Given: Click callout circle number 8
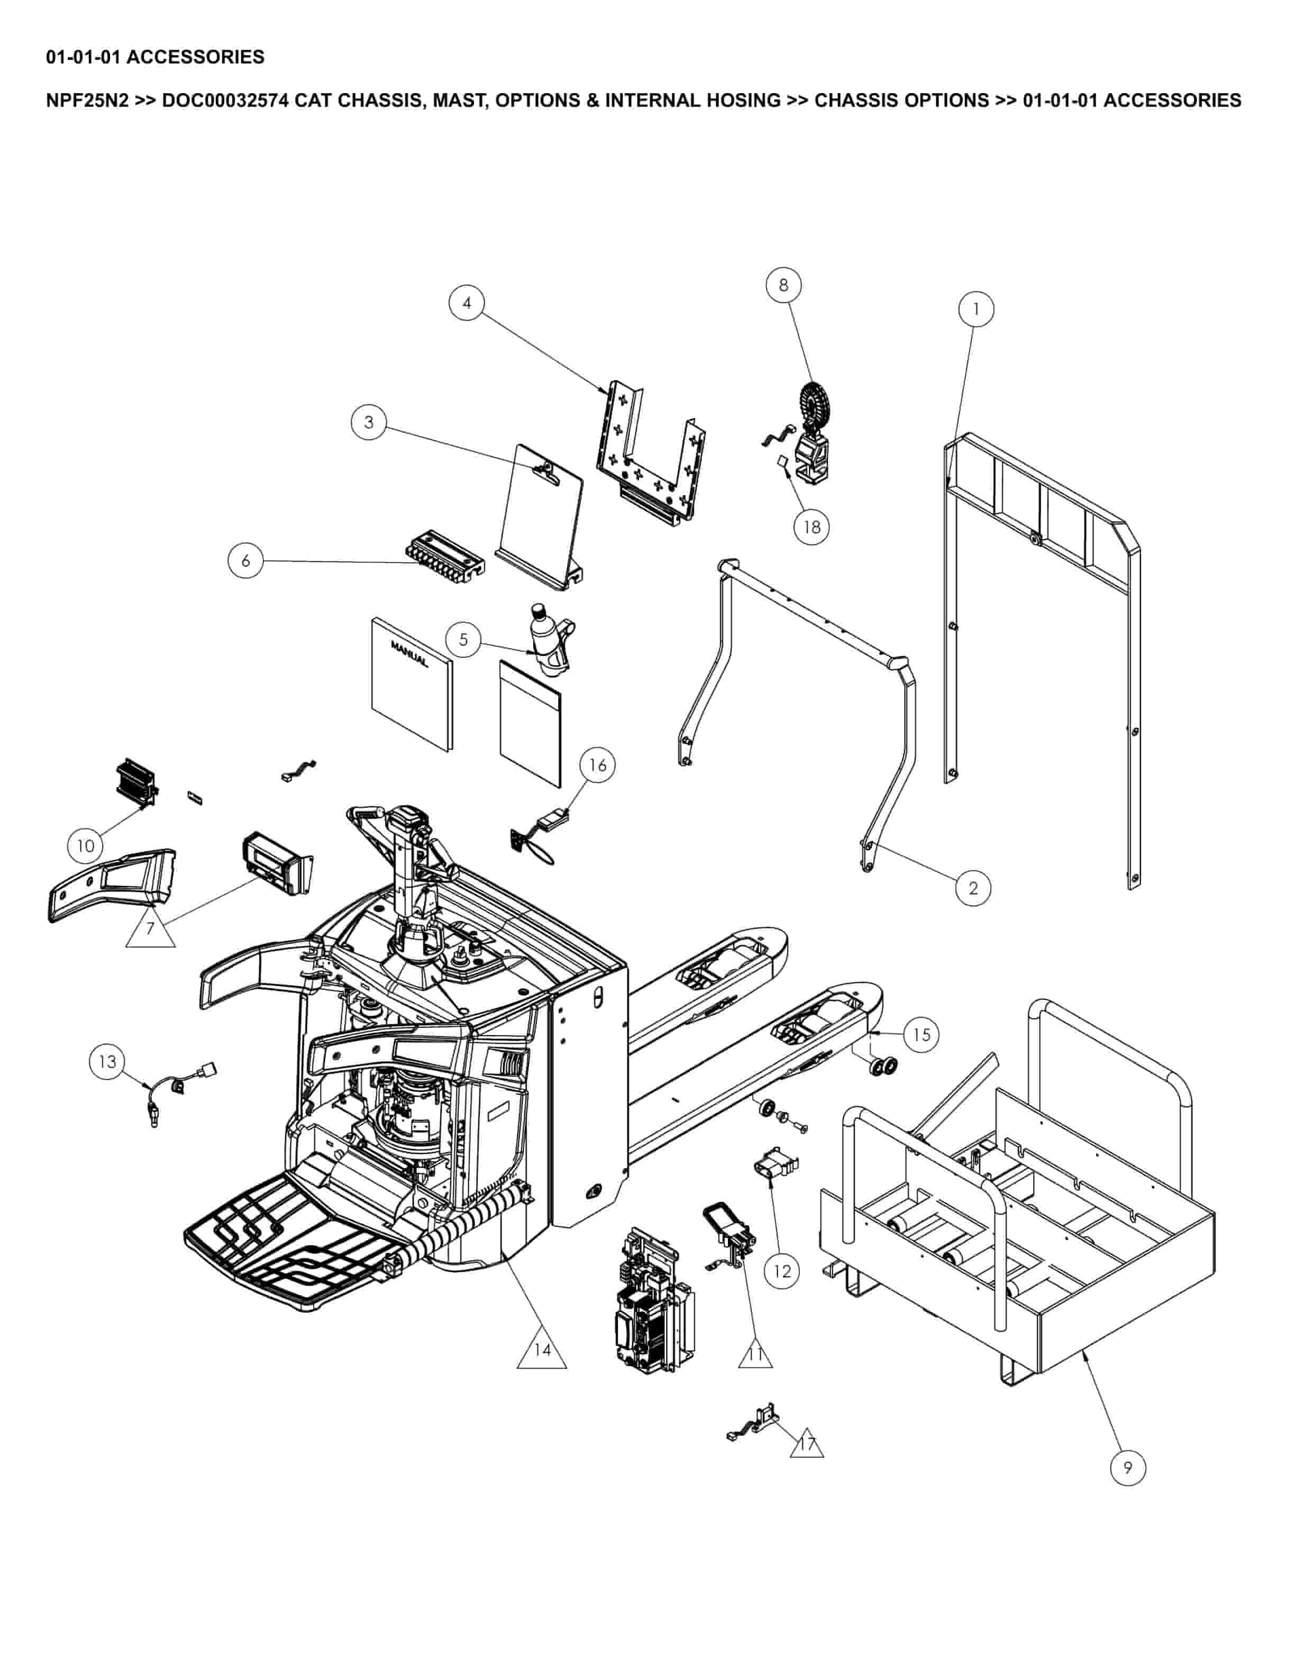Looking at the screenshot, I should [783, 285].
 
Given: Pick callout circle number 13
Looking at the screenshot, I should [107, 1061].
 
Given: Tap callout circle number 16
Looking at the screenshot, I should [598, 764].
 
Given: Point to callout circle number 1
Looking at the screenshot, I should [976, 309].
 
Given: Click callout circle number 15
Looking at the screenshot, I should [922, 1034].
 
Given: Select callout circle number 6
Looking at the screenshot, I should [245, 560].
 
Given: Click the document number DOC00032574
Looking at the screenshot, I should [225, 101].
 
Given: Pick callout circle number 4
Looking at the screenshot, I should [467, 303].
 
